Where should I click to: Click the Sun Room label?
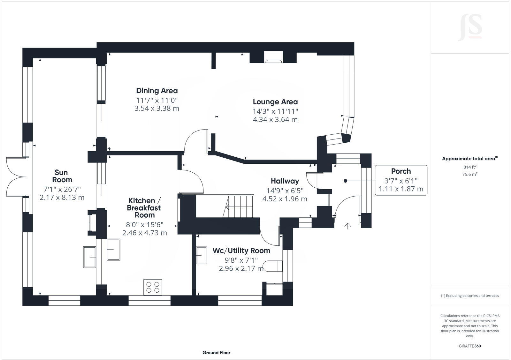tap(61, 176)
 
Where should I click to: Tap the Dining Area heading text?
tap(156, 91)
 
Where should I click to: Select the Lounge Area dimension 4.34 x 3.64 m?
tap(275, 120)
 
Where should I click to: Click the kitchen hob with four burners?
tap(153, 287)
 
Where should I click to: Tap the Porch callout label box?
tap(401, 180)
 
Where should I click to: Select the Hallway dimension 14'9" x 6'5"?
tap(285, 191)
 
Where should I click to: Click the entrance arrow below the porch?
tap(347, 226)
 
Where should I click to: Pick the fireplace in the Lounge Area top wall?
tap(273, 60)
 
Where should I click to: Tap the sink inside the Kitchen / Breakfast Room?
tap(114, 249)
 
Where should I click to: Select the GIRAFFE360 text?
tap(469, 346)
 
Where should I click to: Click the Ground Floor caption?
tap(216, 353)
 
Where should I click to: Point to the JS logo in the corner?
tap(470, 28)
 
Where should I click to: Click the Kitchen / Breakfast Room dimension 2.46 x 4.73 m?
tap(144, 233)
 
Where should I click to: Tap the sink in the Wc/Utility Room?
tap(202, 255)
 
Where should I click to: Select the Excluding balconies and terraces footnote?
tap(470, 296)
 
